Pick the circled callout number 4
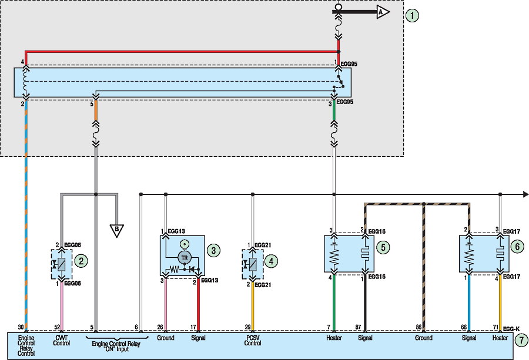click(x=272, y=260)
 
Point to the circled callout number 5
click(x=383, y=248)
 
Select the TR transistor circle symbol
click(x=184, y=258)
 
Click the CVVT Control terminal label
click(x=62, y=341)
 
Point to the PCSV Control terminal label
click(x=253, y=341)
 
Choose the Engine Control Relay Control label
click(x=26, y=346)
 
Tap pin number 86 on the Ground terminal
click(x=418, y=327)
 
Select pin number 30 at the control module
click(x=21, y=327)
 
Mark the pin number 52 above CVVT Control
click(x=56, y=327)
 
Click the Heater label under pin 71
click(x=500, y=338)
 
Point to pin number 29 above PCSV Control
click(x=249, y=327)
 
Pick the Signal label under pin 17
click(x=199, y=338)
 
